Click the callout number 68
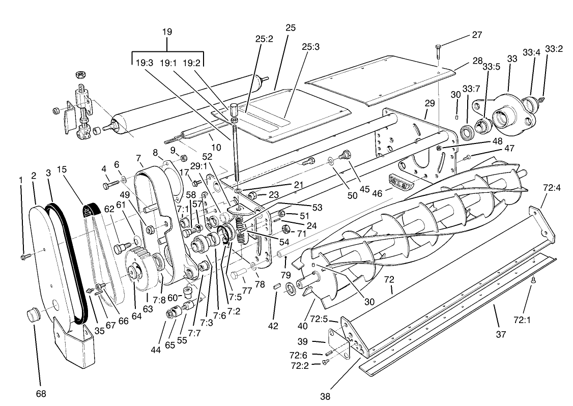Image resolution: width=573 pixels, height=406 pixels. [x=40, y=393]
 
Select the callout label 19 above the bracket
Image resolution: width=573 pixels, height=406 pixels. [x=167, y=32]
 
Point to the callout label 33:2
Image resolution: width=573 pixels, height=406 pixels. [x=554, y=49]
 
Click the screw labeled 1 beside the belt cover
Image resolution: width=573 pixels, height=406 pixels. [x=24, y=257]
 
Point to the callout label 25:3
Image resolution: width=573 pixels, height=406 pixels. [x=310, y=47]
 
